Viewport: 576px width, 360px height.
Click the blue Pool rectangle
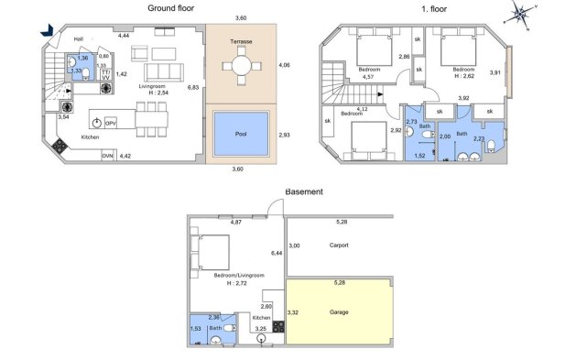click(241, 134)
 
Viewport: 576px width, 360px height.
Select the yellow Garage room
click(339, 311)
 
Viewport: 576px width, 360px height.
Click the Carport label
click(339, 245)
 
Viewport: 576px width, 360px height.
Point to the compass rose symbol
click(520, 15)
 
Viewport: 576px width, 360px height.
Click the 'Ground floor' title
click(171, 8)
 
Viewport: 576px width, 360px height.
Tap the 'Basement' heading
click(304, 191)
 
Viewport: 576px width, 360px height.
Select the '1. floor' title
click(434, 9)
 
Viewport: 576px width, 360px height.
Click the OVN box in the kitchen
click(108, 156)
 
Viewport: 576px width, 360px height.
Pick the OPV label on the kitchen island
click(111, 124)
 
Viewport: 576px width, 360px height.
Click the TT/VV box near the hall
click(106, 74)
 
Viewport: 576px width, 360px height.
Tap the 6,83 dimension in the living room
click(193, 87)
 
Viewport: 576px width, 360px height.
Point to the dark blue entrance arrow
click(47, 30)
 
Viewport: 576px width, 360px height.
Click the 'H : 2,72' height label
click(236, 283)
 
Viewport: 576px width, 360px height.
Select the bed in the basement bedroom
click(210, 253)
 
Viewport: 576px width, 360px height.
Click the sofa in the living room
click(164, 72)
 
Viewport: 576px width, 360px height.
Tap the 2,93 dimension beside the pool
click(284, 135)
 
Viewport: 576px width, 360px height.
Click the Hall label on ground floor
click(78, 39)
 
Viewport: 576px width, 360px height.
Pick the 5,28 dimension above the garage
click(340, 282)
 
